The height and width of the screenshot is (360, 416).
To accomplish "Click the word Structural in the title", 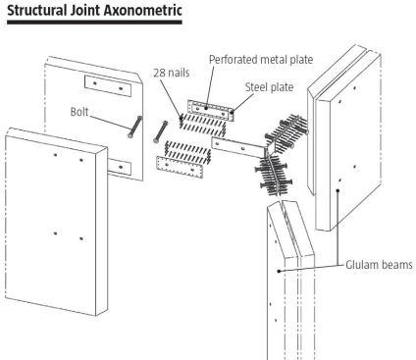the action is click(x=37, y=10).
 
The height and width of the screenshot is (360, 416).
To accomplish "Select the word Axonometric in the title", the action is click(x=143, y=10).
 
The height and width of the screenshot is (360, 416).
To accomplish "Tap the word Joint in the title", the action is click(x=85, y=10).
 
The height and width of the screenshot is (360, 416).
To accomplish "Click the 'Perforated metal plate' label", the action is click(x=261, y=60).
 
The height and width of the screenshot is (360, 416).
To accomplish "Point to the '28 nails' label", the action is click(x=172, y=73).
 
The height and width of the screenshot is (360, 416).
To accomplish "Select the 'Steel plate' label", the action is click(x=269, y=87).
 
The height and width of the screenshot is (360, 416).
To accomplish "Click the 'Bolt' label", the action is click(x=79, y=112).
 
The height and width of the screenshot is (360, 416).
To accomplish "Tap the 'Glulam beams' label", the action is click(x=379, y=265).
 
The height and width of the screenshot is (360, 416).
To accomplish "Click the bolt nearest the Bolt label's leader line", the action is click(x=134, y=127).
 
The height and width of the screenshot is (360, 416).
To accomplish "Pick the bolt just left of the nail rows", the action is click(x=160, y=131).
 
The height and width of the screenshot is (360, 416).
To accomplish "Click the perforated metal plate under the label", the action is click(x=210, y=110).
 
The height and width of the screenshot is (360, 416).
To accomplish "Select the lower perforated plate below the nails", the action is click(x=180, y=167).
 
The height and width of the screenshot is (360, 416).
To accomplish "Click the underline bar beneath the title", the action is click(x=94, y=23).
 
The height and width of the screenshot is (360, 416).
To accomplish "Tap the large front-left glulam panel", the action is click(x=56, y=222).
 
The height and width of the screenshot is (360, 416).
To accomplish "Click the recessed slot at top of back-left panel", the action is click(x=108, y=86).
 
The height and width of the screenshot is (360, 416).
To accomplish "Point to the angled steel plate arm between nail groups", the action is click(x=238, y=147).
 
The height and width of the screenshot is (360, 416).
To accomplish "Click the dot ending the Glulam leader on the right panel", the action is click(x=338, y=190).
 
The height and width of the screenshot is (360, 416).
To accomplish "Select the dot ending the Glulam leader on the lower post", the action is click(x=279, y=271).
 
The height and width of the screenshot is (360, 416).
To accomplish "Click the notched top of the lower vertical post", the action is click(x=290, y=229).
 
